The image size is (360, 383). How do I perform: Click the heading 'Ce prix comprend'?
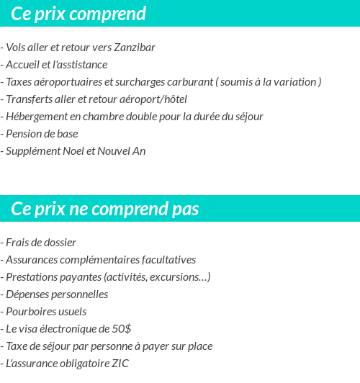[78, 14]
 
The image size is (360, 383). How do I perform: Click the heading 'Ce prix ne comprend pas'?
[105, 209]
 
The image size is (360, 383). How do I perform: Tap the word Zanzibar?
[135, 48]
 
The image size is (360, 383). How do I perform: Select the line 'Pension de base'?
[41, 134]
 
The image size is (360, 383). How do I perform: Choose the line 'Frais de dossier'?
[40, 243]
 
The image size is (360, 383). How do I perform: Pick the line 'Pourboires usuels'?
[45, 312]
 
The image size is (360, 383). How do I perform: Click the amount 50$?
[120, 329]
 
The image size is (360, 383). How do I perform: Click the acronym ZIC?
[120, 364]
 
